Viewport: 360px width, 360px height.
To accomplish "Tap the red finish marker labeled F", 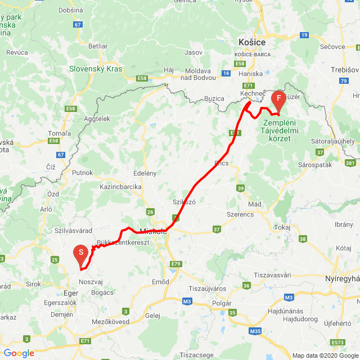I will click(x=278, y=98).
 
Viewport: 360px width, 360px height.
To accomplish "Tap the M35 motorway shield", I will click(x=255, y=331).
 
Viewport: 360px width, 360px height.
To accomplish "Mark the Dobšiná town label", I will click(x=55, y=10).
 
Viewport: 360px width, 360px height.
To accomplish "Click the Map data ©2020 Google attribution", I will click(x=325, y=355).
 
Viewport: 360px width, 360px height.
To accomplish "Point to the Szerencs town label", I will click(x=240, y=214).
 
